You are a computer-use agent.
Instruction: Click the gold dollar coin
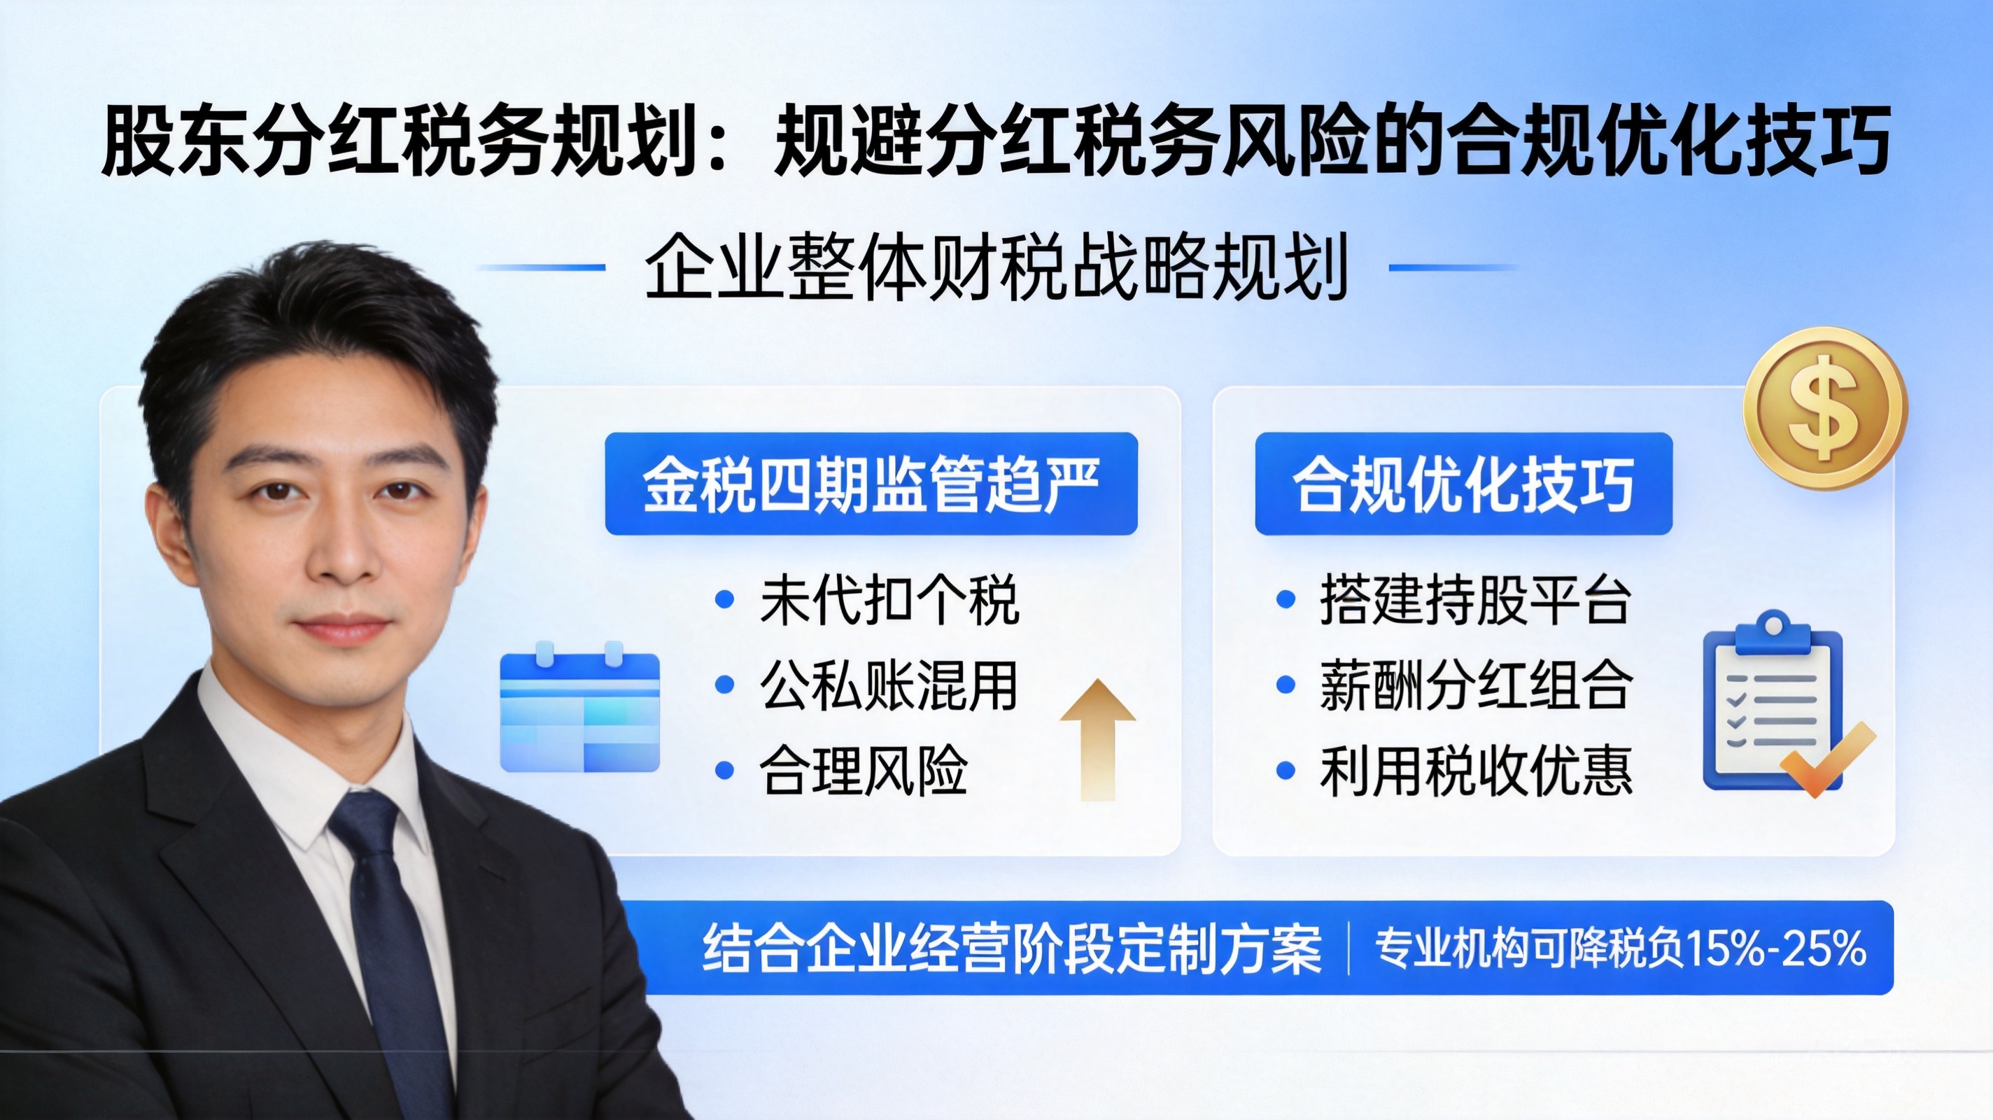click(1825, 408)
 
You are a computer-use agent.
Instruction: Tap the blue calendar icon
click(580, 708)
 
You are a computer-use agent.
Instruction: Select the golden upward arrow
click(1098, 740)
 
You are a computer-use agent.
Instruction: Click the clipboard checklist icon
click(1780, 703)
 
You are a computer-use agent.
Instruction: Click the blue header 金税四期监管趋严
click(871, 484)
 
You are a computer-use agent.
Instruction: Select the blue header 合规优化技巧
click(1464, 484)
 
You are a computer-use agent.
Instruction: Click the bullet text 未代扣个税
click(889, 600)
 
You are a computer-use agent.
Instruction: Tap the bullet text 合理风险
click(864, 771)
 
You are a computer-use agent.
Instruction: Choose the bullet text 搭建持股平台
click(1476, 600)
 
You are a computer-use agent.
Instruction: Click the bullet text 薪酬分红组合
click(1476, 686)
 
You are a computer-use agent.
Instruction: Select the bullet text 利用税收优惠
click(1476, 771)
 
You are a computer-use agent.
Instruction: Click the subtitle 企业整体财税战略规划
click(997, 267)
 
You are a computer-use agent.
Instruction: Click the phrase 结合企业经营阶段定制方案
click(1012, 949)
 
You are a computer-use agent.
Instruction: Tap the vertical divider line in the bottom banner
click(1348, 949)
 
